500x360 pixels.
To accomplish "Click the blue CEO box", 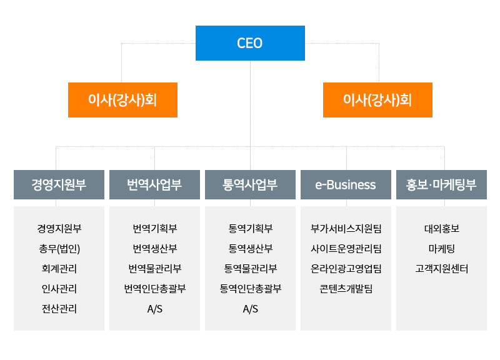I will coord(250,43).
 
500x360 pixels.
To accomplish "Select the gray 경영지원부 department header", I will coord(59,184).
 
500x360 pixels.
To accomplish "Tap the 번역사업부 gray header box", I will coord(154,184).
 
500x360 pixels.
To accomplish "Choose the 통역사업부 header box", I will coord(250,184).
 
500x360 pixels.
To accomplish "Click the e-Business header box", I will coord(346,184).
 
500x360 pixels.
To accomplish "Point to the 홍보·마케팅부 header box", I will coord(441,184).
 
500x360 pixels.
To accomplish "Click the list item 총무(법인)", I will coord(59,249).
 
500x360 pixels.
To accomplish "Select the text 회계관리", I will coord(59,269).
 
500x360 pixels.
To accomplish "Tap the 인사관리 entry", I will coord(59,289).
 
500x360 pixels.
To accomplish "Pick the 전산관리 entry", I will coord(59,309).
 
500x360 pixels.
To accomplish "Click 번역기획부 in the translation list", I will coord(154,229).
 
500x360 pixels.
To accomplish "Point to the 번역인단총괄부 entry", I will coord(154,289).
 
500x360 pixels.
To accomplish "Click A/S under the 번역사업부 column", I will coord(154,309).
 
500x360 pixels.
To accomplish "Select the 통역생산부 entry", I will coord(250,249).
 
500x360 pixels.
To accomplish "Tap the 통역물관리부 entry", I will coord(250,269).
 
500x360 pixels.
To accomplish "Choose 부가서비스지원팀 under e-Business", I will coord(346,229).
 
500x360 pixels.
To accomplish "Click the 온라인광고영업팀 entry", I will coord(346,269).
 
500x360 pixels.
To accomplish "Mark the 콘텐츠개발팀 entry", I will coord(346,289).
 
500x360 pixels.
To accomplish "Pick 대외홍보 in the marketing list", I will coord(441,229).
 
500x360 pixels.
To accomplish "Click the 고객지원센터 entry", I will coord(441,269).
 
